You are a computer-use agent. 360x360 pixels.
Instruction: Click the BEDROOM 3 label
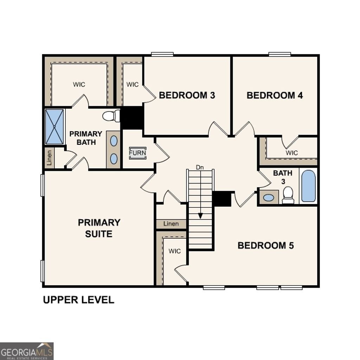click(187, 95)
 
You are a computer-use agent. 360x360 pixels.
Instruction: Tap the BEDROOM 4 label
click(275, 95)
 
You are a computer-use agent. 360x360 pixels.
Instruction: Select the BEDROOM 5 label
click(265, 245)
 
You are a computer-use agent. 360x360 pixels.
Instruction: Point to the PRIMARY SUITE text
click(99, 228)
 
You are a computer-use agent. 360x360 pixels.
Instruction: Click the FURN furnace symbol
click(137, 153)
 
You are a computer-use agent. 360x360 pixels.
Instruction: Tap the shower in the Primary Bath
click(54, 127)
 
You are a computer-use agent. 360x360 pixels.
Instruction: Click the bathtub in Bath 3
click(308, 186)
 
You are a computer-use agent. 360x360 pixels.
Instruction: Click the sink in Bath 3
click(269, 198)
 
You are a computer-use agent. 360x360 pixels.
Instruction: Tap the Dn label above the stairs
click(200, 168)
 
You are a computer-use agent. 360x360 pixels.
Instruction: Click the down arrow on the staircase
click(200, 215)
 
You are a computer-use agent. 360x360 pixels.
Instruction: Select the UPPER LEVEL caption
click(78, 300)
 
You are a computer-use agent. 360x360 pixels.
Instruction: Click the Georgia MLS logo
click(27, 351)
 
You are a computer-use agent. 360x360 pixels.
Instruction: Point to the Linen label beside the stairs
click(171, 224)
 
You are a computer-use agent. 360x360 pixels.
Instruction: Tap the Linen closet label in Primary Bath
click(50, 157)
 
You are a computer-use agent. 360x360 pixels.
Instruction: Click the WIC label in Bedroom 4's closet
click(291, 153)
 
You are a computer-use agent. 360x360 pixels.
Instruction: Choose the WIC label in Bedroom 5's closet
click(174, 251)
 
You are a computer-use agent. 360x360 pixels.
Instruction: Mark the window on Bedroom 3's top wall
click(162, 54)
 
